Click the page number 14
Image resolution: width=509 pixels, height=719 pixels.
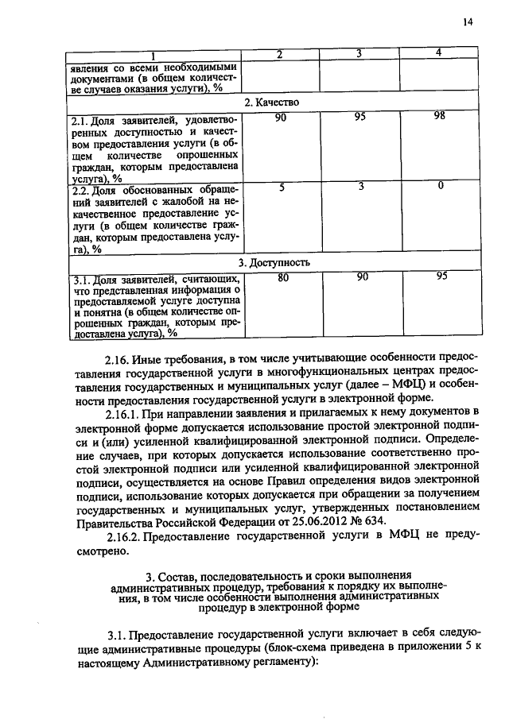tap(467, 23)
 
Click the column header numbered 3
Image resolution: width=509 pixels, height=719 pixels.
tap(360, 53)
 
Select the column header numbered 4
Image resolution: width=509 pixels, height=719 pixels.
tap(439, 52)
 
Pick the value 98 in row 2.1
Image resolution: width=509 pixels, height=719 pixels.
tap(439, 117)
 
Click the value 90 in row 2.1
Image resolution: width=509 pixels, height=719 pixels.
tap(281, 117)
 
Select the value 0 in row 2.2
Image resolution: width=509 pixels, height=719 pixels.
tap(439, 186)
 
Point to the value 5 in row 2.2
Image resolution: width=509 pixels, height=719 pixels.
tap(281, 186)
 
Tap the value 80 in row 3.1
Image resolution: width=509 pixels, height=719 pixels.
tap(281, 277)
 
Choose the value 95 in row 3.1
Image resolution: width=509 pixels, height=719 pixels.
tap(439, 277)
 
